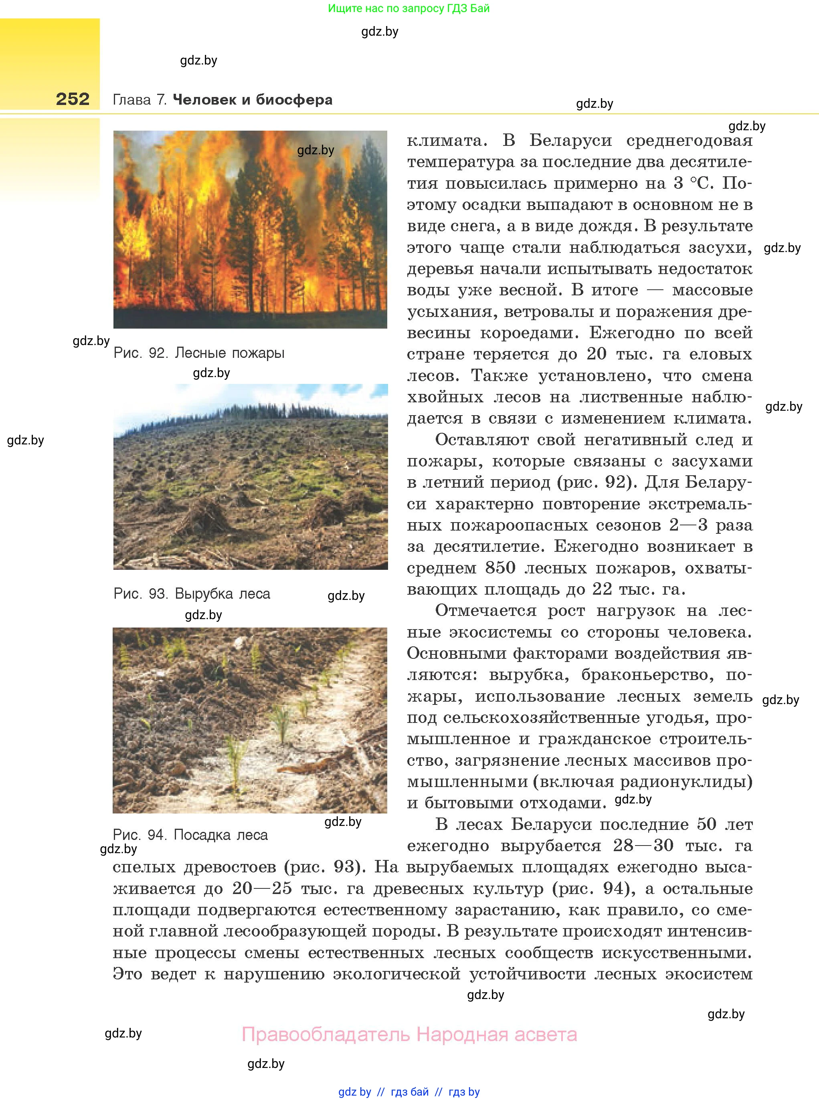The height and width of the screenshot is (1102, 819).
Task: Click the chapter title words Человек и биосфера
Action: tap(252, 100)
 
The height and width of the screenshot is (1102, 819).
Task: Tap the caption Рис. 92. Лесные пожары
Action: tap(199, 353)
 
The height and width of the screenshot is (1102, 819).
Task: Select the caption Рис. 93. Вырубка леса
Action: tap(192, 593)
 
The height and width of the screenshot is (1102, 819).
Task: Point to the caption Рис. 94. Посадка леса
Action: tap(190, 835)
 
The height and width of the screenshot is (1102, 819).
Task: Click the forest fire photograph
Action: tap(250, 230)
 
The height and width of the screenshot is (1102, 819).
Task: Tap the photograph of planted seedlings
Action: tap(250, 720)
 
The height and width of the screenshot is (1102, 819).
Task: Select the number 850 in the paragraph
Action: tap(500, 568)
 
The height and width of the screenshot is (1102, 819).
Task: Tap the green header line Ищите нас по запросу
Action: tap(408, 8)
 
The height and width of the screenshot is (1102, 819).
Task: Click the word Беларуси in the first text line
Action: tap(570, 141)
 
